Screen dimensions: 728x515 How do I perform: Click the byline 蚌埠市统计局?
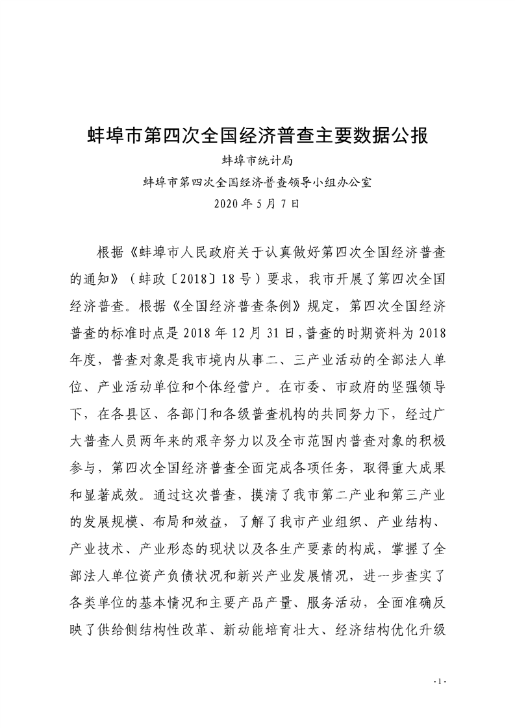(258, 160)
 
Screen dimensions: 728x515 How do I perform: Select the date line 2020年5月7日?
(257, 204)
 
